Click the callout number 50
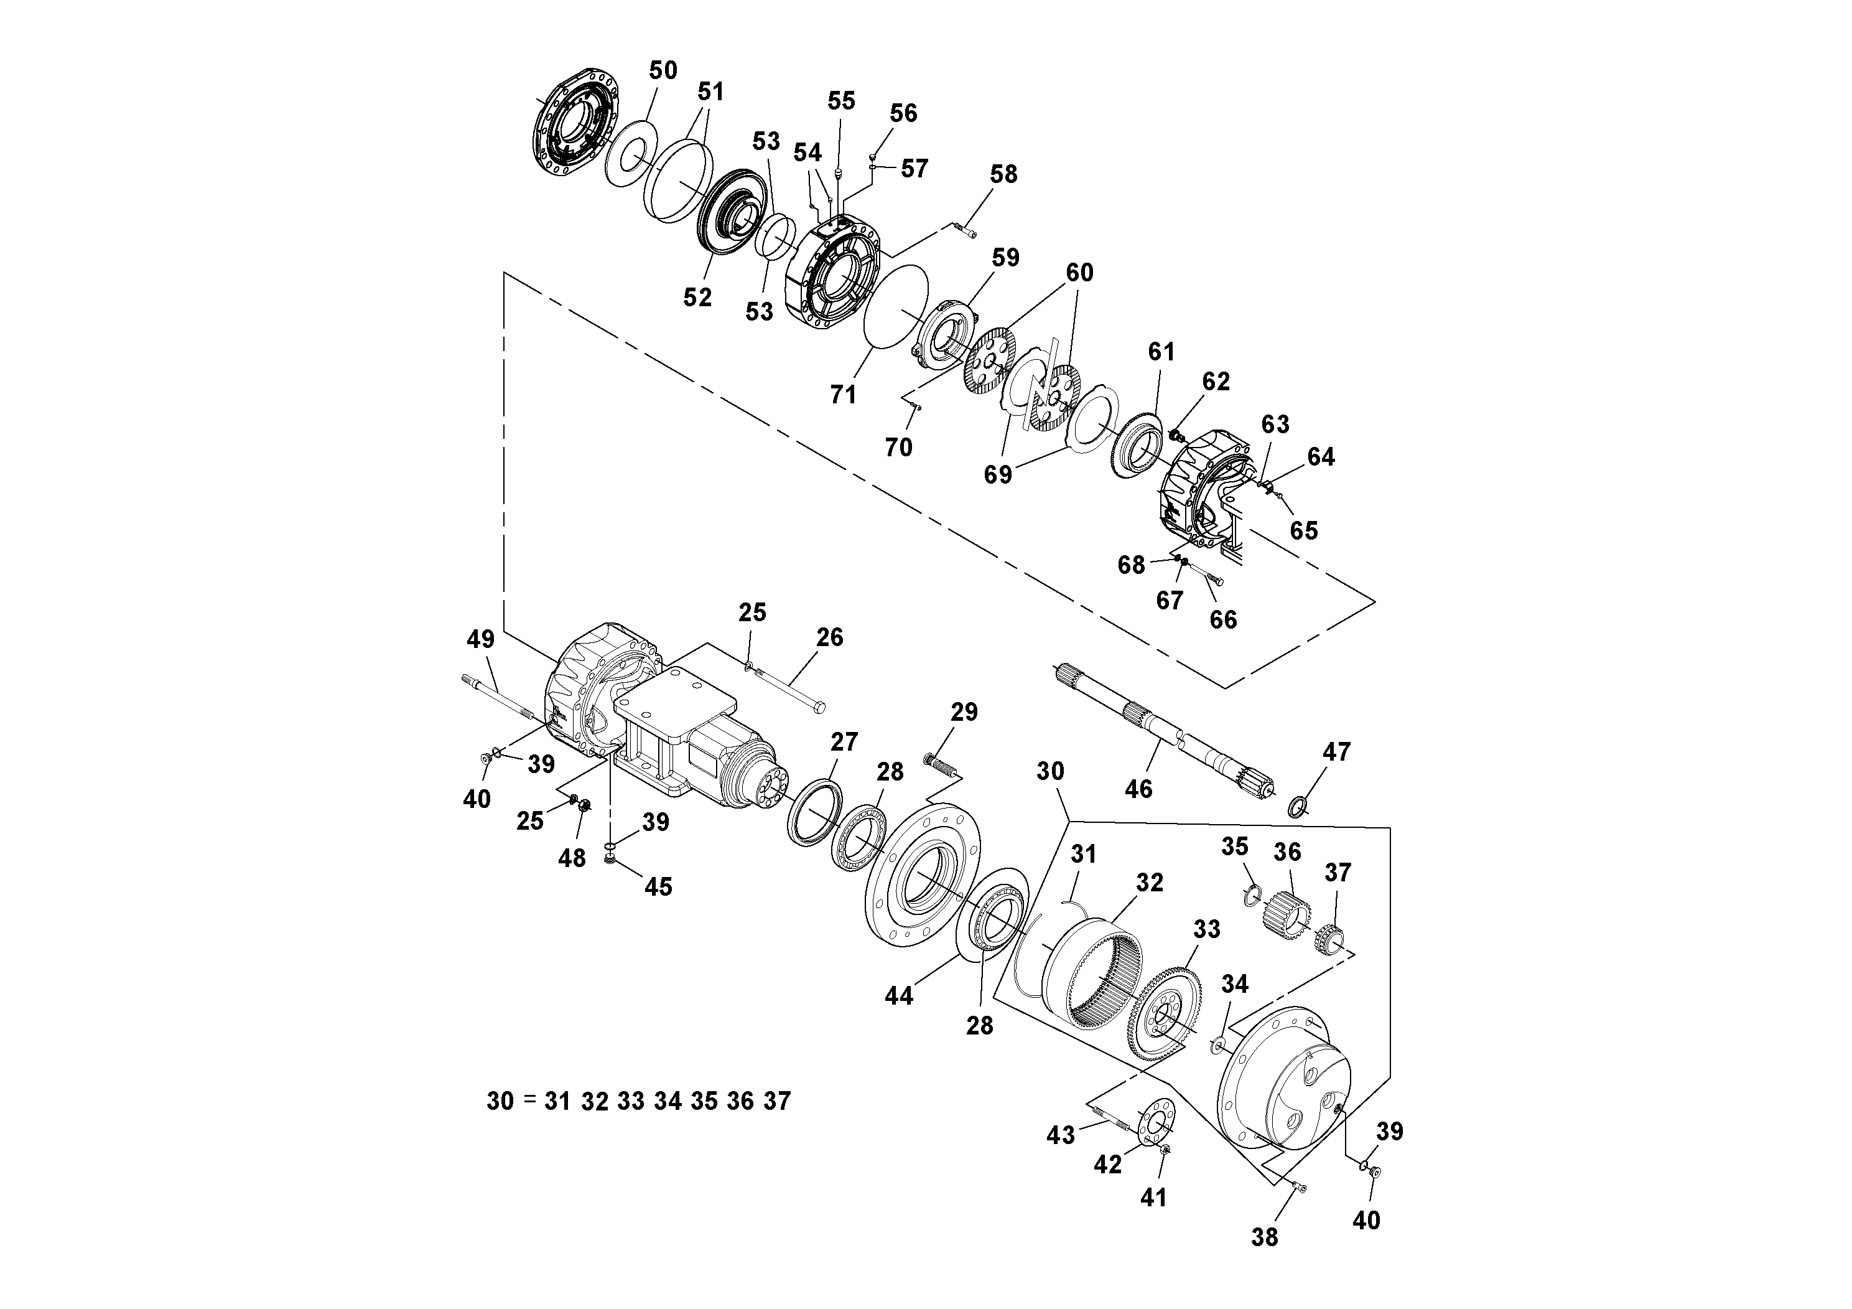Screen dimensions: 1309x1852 pyautogui.click(x=663, y=70)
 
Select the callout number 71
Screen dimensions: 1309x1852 pyautogui.click(x=843, y=395)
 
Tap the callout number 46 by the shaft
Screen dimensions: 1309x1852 pyautogui.click(x=1138, y=789)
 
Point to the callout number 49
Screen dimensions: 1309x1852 pyautogui.click(x=481, y=639)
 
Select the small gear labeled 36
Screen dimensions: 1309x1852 pyautogui.click(x=1285, y=911)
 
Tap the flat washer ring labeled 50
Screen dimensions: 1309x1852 pyautogui.click(x=630, y=153)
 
